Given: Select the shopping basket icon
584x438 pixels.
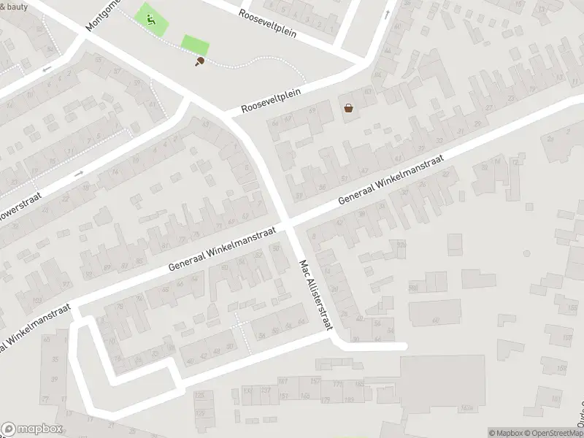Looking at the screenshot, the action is (349, 109).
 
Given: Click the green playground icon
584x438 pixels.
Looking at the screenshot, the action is (150, 20).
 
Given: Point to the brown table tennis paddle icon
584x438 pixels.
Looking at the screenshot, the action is (199, 62).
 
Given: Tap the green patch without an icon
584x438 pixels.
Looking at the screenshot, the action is (194, 44).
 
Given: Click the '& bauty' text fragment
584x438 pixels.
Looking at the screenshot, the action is (13, 6).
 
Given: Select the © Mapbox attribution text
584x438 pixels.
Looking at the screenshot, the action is (505, 433).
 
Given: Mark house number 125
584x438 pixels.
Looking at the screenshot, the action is (199, 395).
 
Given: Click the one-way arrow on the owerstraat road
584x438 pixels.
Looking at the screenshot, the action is (78, 174).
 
